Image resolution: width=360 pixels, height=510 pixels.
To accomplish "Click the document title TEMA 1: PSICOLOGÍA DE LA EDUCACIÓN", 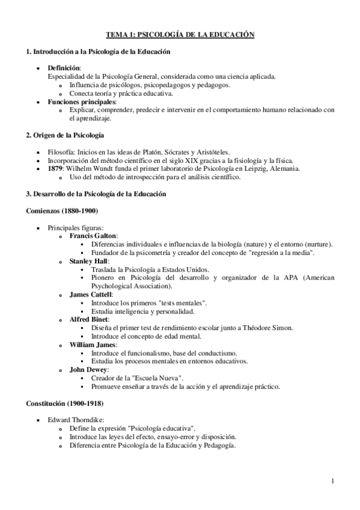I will (x=180, y=36).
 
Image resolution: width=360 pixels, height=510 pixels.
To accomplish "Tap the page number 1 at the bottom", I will (x=332, y=481).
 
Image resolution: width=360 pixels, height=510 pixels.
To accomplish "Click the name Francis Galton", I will (x=93, y=236).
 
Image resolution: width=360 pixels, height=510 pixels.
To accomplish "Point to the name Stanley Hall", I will (x=88, y=262).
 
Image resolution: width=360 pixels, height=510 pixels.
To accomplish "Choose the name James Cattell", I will (x=90, y=295).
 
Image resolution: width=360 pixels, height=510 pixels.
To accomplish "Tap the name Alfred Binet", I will (x=88, y=319).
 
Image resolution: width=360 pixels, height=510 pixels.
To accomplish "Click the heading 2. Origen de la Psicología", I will (x=65, y=135).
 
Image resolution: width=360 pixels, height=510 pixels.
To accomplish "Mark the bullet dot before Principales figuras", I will (x=39, y=228).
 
